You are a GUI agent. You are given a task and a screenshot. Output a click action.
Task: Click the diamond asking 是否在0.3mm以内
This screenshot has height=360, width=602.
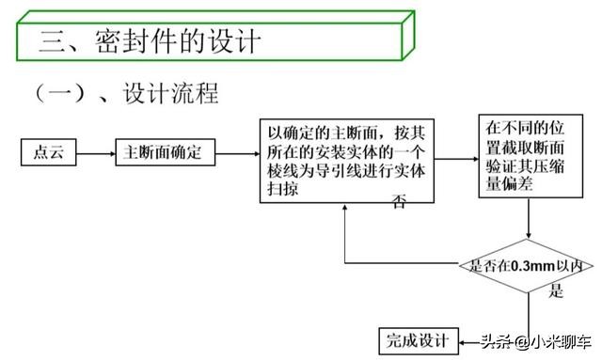pyautogui.click(x=530, y=266)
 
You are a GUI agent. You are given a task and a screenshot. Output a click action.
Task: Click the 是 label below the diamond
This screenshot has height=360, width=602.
pyautogui.click(x=556, y=290)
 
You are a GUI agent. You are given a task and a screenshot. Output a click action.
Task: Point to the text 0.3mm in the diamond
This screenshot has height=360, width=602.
pyautogui.click(x=529, y=266)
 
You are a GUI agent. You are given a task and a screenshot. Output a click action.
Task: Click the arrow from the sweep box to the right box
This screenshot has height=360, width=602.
pyautogui.click(x=455, y=160)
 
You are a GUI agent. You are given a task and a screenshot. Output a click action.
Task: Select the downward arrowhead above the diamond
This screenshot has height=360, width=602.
pyautogui.click(x=530, y=238)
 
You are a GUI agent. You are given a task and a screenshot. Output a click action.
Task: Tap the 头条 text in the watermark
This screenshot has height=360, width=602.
pyautogui.click(x=496, y=341)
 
